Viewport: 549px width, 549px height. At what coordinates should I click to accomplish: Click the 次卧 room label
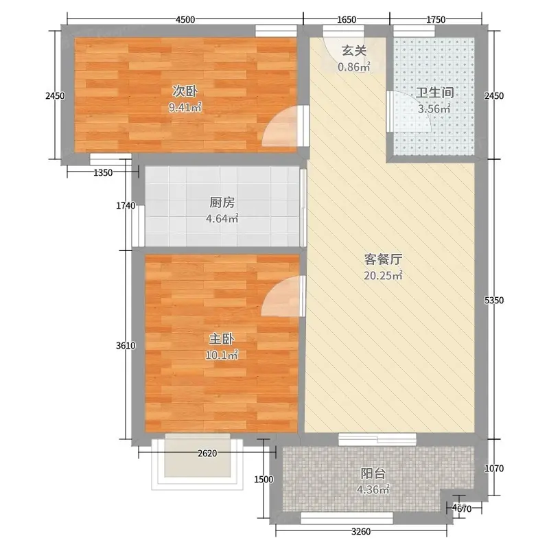[x=185, y=91]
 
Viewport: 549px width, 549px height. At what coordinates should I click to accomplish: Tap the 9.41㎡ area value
[x=185, y=108]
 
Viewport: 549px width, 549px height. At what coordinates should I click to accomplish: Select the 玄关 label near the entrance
[x=354, y=51]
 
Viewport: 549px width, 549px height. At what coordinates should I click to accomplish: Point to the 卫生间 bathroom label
[x=434, y=93]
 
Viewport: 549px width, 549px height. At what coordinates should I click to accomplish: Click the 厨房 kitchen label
[x=222, y=202]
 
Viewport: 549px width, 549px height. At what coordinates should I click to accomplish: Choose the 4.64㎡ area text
[x=222, y=219]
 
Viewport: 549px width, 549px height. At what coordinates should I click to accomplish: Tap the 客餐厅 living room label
[x=383, y=259]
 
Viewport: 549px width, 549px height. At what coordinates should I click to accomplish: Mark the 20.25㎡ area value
[x=383, y=276]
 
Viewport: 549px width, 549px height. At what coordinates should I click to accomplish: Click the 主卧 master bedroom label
[x=221, y=339]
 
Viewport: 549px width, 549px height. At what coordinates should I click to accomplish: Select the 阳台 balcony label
[x=373, y=474]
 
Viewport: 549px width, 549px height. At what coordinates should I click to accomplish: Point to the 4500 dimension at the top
[x=185, y=20]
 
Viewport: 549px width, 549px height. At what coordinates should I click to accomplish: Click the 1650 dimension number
[x=347, y=20]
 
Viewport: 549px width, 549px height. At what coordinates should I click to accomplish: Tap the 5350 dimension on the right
[x=494, y=300]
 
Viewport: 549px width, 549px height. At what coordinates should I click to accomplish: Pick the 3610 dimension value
[x=126, y=346]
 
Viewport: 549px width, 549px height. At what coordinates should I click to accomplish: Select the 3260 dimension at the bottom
[x=361, y=531]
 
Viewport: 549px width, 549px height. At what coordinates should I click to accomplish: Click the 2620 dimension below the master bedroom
[x=207, y=454]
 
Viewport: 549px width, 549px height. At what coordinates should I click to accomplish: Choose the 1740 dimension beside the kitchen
[x=126, y=205]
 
